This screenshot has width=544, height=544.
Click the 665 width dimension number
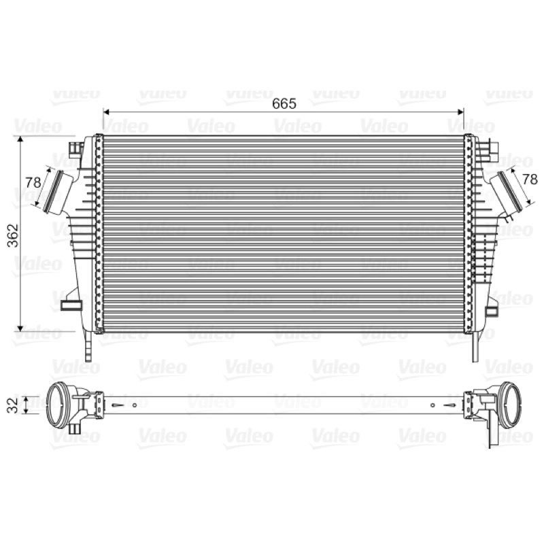click(x=284, y=103)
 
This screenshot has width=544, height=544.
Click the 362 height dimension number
click(x=13, y=235)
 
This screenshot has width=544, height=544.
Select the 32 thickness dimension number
click(x=12, y=405)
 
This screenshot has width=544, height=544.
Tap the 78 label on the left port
click(x=33, y=182)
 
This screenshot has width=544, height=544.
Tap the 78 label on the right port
click(x=530, y=180)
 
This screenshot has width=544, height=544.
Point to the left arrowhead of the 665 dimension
click(x=107, y=112)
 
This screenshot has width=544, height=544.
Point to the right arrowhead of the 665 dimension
click(x=461, y=112)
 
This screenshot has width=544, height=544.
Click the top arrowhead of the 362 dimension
click(x=20, y=139)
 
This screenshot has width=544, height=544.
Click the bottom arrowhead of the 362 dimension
click(x=20, y=328)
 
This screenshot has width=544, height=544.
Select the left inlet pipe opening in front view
click(x=53, y=192)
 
